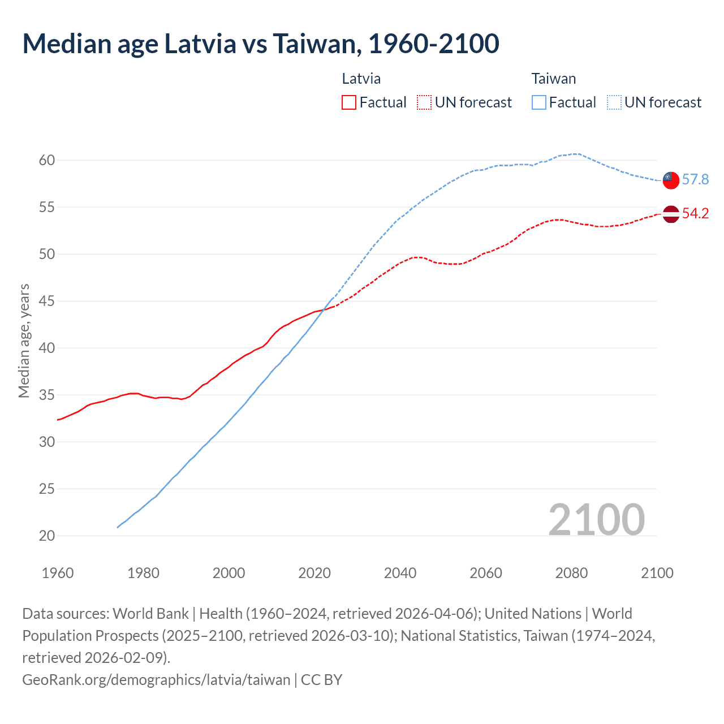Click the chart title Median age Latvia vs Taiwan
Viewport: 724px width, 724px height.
tap(261, 44)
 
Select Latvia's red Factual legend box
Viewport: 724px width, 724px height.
tap(349, 102)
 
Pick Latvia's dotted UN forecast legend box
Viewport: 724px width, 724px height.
tap(424, 102)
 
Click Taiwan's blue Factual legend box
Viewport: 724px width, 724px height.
tap(539, 102)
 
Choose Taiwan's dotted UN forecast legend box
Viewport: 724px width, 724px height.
tap(614, 102)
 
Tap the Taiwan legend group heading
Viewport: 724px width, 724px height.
tap(553, 79)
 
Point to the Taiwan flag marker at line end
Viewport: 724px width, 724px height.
tap(670, 180)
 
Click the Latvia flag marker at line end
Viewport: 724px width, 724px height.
tap(670, 214)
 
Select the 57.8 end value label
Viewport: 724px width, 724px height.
tap(695, 180)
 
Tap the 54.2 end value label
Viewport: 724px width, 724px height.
tap(695, 214)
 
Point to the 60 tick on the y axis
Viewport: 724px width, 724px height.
tap(47, 161)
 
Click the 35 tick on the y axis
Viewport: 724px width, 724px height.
tap(47, 395)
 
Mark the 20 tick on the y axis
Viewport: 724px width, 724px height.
tap(47, 536)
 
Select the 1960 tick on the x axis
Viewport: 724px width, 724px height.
tap(58, 573)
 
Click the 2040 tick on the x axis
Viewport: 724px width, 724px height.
tap(400, 573)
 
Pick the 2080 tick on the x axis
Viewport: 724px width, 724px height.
tap(571, 573)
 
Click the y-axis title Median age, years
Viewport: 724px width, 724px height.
tap(24, 341)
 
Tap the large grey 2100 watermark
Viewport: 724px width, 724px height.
tap(596, 519)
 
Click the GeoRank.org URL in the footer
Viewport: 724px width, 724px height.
tap(156, 679)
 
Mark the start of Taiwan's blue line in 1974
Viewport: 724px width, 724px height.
tap(118, 527)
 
